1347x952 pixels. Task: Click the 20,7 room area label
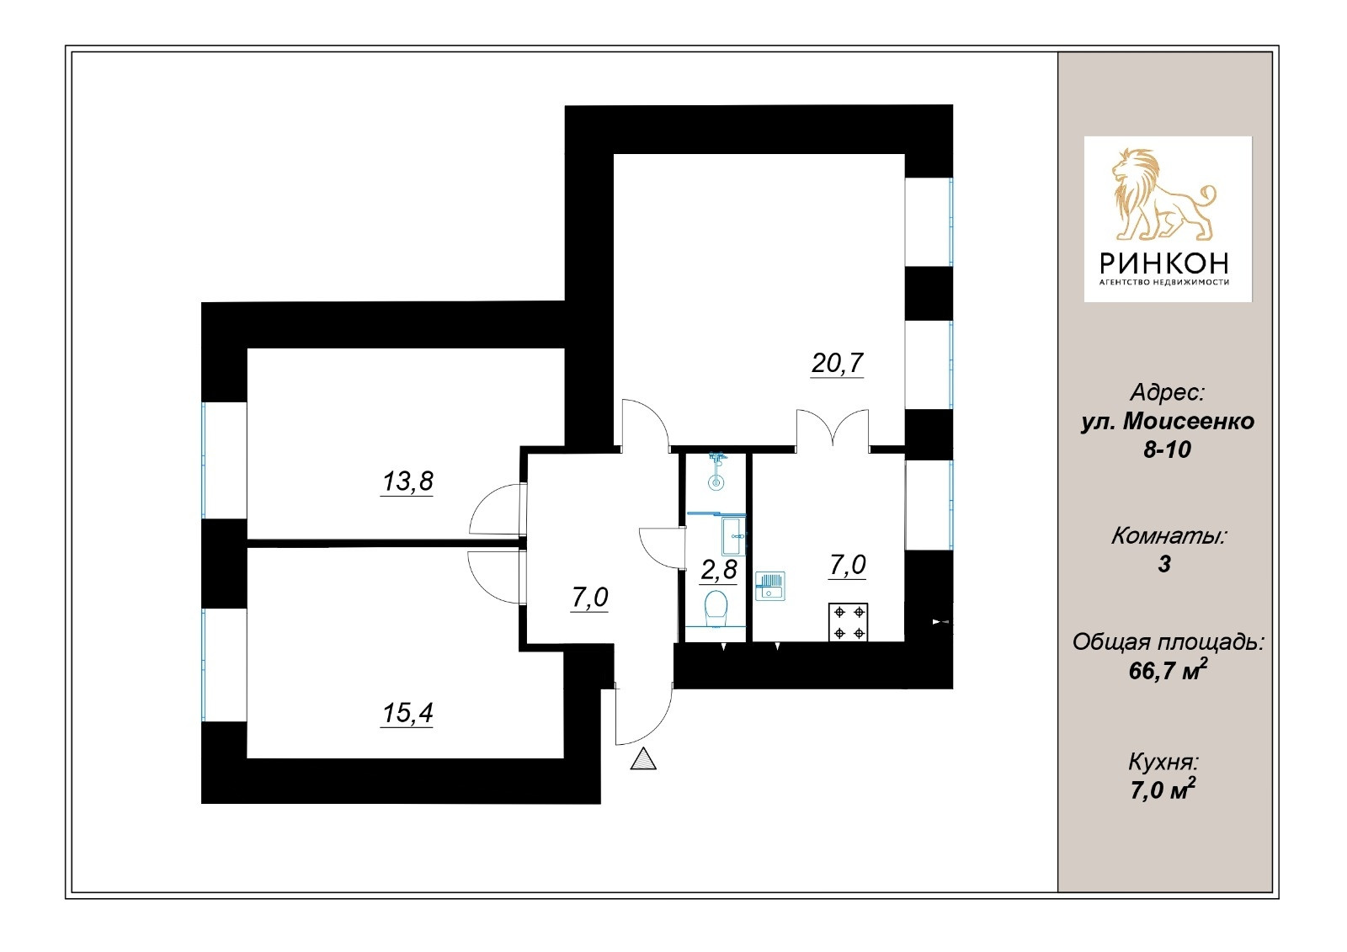(837, 364)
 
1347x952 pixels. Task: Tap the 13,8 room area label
(407, 481)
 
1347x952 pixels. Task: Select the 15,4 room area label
(407, 714)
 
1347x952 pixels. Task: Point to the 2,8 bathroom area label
(719, 570)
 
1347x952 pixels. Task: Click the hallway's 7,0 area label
(589, 598)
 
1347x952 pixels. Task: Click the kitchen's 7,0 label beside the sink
(847, 565)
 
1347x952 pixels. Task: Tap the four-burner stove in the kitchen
(849, 623)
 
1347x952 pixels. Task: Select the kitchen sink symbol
(770, 586)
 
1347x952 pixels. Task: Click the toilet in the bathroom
(716, 608)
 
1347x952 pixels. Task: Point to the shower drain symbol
(716, 483)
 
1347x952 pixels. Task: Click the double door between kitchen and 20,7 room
(833, 428)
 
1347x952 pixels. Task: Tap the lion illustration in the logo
(1163, 194)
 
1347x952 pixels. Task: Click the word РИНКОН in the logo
(1164, 263)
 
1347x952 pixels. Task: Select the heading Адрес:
(1167, 392)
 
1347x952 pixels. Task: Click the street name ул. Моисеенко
(1167, 421)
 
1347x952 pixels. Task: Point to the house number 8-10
(1167, 449)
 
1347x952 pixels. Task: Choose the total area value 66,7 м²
(1167, 671)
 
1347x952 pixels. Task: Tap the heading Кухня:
(1163, 763)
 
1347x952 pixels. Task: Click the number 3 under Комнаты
(1164, 564)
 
